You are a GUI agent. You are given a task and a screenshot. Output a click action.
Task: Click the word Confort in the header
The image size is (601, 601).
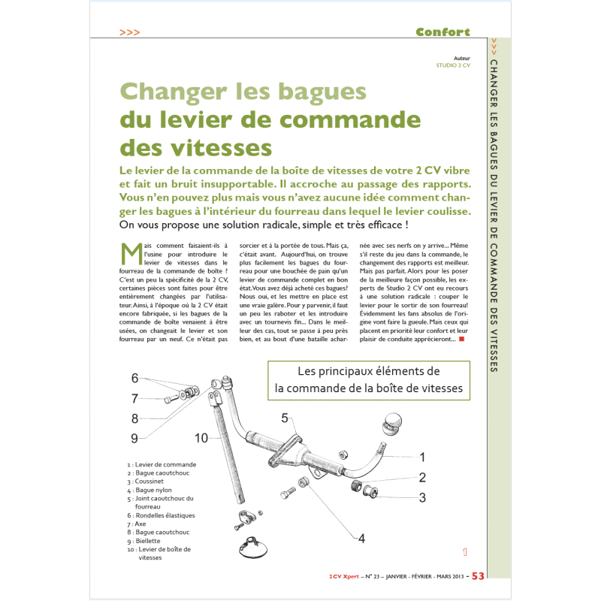(442, 32)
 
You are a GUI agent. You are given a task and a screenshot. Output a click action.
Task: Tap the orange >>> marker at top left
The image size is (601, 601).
(129, 32)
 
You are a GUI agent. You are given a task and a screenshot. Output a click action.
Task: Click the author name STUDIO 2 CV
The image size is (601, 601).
(453, 65)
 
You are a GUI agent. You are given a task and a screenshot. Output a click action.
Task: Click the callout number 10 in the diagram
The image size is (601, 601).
(201, 437)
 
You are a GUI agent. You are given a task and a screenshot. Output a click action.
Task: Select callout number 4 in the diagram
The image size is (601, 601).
(361, 538)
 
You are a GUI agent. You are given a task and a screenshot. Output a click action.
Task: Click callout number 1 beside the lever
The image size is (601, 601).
(422, 456)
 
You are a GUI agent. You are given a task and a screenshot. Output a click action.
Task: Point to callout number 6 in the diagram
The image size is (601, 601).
(135, 378)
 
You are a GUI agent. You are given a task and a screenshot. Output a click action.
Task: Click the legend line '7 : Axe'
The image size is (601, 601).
(146, 524)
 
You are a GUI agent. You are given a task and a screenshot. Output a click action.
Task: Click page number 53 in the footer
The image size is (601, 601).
(478, 576)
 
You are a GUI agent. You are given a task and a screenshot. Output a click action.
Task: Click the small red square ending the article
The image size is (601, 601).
(461, 339)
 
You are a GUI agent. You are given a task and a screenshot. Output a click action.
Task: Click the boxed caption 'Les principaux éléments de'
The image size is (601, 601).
(368, 371)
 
